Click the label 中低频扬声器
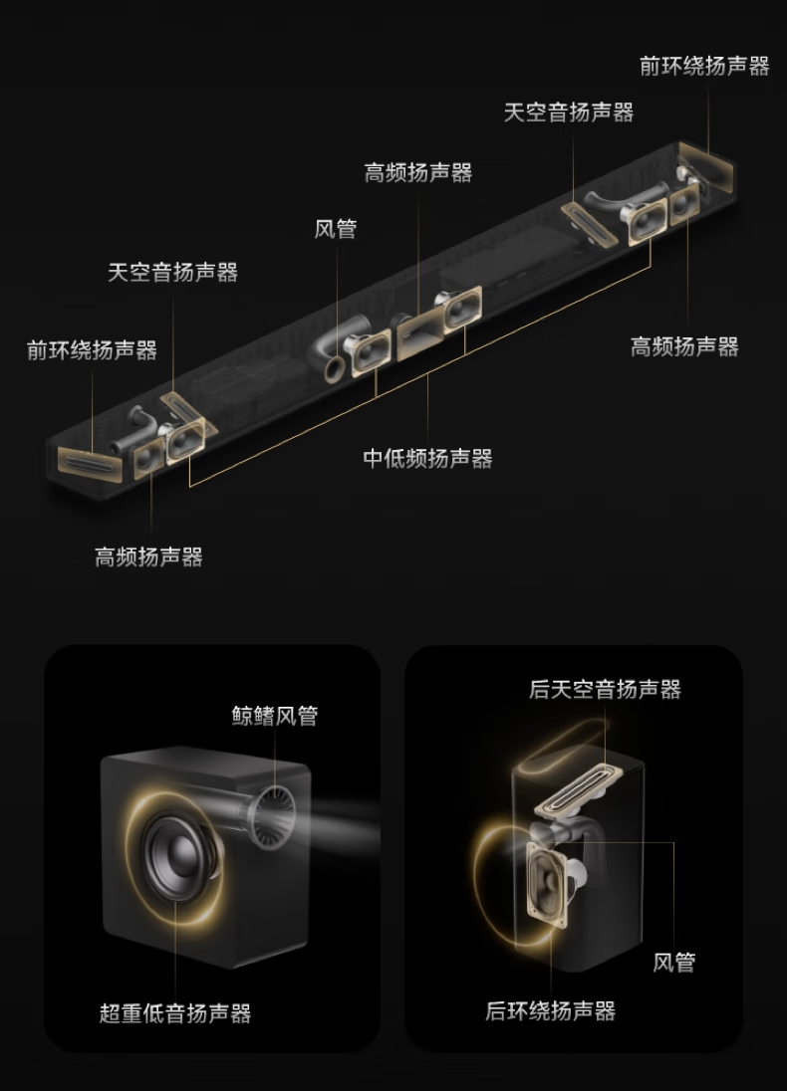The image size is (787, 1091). tap(427, 459)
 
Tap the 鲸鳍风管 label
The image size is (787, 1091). tap(275, 716)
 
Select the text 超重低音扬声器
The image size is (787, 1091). tap(174, 1013)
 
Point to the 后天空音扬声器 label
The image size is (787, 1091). tap(605, 689)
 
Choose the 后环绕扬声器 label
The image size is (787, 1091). tap(550, 1011)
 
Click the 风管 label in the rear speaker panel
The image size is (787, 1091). tap(674, 963)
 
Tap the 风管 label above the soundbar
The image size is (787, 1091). tap(336, 229)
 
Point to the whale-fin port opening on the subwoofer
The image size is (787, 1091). tap(272, 817)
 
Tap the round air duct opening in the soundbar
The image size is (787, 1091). tap(335, 368)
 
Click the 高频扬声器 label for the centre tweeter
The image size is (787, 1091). tap(417, 172)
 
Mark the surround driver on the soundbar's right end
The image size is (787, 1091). tap(706, 167)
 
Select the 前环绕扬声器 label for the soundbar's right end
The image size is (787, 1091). tap(704, 66)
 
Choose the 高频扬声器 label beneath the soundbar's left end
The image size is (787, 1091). tap(148, 556)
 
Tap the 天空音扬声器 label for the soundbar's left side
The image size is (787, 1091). tap(172, 272)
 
